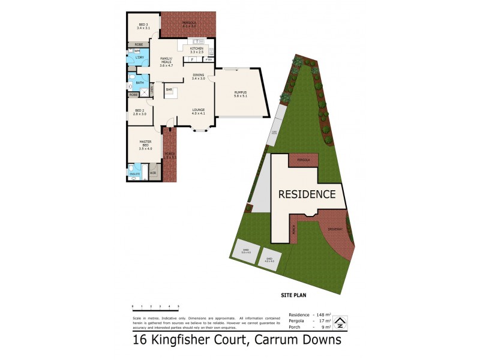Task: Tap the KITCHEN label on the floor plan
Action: (x=197, y=48)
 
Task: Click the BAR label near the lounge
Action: (x=169, y=90)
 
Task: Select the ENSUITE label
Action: (x=135, y=173)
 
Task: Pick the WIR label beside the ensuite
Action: (x=153, y=173)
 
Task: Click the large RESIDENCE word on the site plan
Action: (x=306, y=194)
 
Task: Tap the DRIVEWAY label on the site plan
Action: (x=335, y=229)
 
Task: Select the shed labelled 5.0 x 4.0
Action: (x=245, y=252)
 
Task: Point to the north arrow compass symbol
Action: (x=341, y=322)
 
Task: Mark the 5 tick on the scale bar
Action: (x=178, y=306)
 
